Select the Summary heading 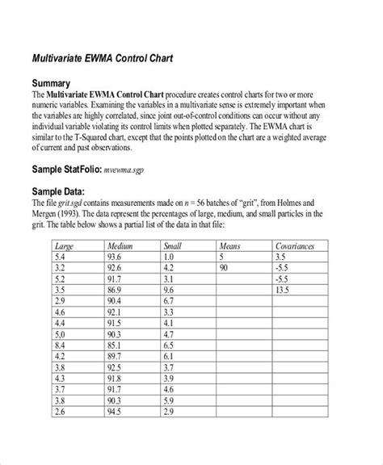point(54,83)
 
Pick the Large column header point(64,244)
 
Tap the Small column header point(172,244)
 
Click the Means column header point(229,244)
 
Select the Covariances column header point(295,244)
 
